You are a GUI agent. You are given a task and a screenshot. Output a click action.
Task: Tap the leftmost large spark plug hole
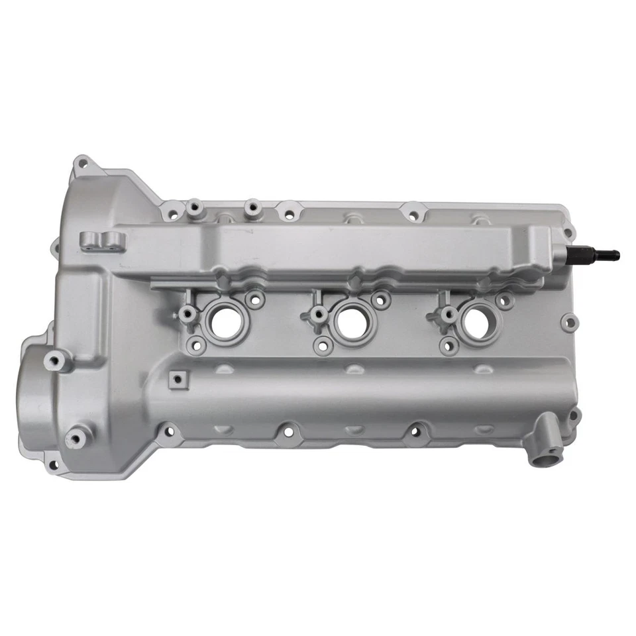(x=227, y=321)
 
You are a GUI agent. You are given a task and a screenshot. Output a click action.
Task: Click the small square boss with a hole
(x=177, y=379)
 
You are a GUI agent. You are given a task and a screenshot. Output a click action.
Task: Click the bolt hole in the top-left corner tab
(x=82, y=162)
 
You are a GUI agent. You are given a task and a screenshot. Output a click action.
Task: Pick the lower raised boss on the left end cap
(x=76, y=439)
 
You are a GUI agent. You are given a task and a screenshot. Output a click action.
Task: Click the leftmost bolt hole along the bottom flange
(x=169, y=432)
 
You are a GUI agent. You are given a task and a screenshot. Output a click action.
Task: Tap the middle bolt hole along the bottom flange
(x=288, y=432)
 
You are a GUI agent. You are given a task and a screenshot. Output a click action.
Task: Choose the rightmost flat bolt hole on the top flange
(x=413, y=215)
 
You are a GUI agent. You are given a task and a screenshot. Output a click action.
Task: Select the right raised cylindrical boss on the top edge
(x=252, y=208)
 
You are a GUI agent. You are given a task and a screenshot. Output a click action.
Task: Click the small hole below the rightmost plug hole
(x=450, y=344)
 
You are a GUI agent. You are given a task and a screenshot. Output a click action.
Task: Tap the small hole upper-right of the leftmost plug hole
(x=254, y=299)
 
